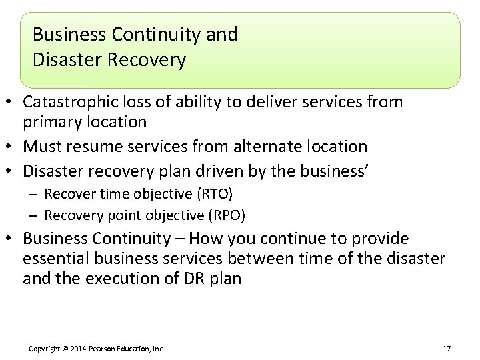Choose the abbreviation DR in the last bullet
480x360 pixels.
pyautogui.click(x=190, y=278)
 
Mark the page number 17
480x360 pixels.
pyautogui.click(x=447, y=349)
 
